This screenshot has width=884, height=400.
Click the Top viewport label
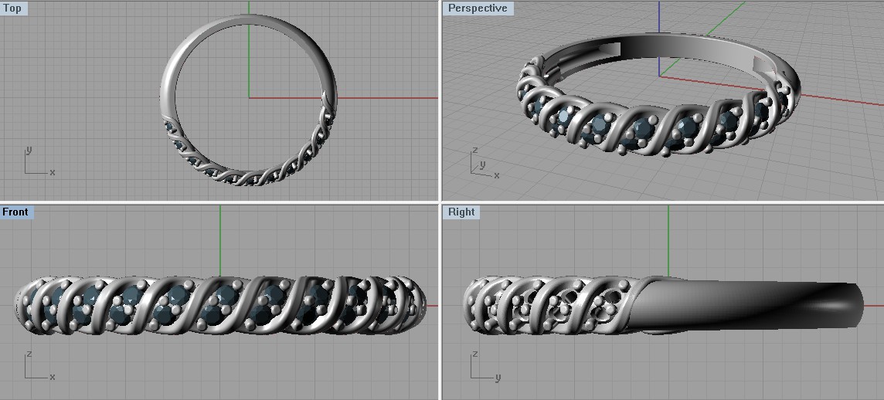13,8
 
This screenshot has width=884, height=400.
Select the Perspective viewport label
478,8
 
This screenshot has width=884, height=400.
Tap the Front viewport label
16,212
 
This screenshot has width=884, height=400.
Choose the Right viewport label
461,212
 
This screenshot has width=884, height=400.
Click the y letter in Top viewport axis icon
28,151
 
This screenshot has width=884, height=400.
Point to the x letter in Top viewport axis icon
53,172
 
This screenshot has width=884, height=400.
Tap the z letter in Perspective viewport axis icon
475,151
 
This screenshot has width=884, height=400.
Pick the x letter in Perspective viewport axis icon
496,175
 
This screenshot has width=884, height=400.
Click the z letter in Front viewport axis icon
28,354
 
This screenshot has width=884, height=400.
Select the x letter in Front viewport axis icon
53,376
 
